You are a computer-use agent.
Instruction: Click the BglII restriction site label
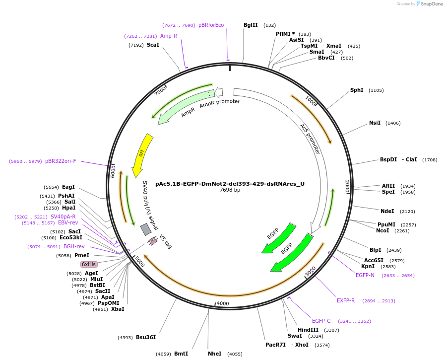tap(251, 25)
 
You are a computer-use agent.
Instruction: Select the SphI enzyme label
tap(357, 90)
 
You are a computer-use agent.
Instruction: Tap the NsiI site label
tap(375, 123)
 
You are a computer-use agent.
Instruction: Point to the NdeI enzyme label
tap(387, 211)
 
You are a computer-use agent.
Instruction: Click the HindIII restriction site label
tap(308, 330)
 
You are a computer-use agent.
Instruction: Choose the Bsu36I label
tap(146, 338)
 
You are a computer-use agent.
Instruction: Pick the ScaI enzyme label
tap(153, 45)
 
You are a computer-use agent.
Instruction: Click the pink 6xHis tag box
tap(89, 264)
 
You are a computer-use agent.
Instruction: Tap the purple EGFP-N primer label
tap(365, 275)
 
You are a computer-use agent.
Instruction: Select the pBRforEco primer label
tap(211, 25)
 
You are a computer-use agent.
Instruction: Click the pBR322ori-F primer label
tap(61, 161)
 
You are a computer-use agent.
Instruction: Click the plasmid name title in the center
tap(230, 184)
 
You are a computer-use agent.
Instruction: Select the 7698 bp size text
tap(230, 190)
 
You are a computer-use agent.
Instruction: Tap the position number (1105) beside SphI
tap(376, 90)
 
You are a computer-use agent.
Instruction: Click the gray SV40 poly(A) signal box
tap(146, 229)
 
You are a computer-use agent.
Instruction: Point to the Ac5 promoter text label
tap(310, 139)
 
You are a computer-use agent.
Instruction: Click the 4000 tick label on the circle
tap(223, 303)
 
